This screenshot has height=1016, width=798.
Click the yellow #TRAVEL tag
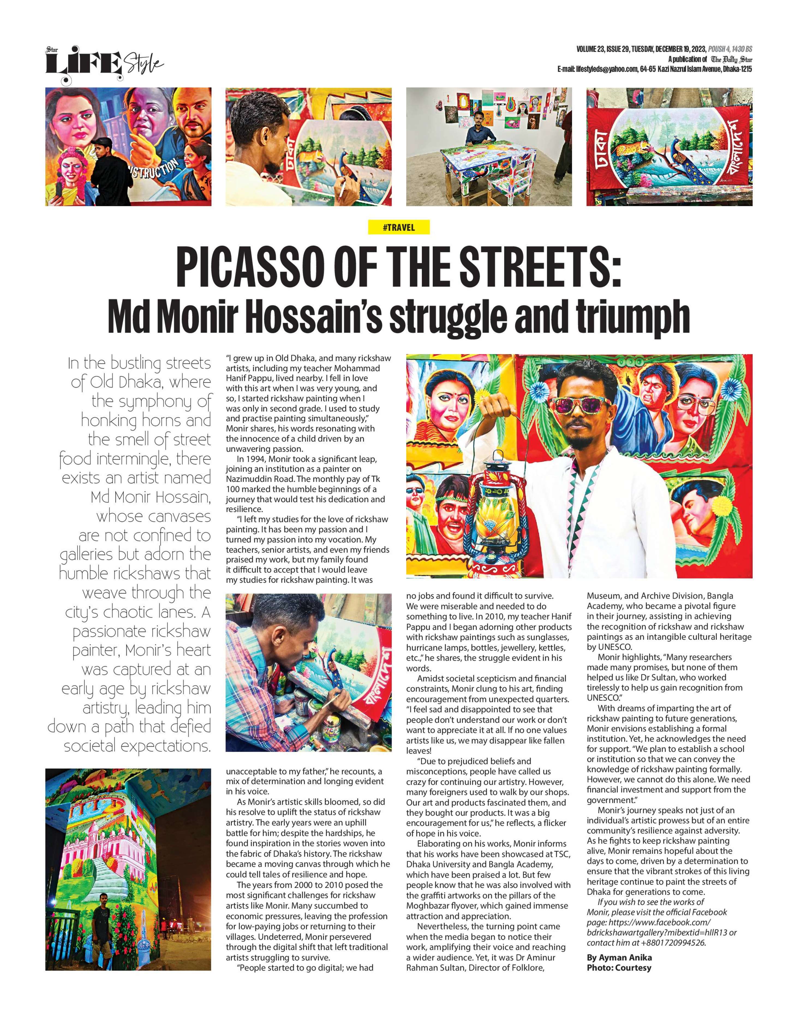[x=399, y=228]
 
